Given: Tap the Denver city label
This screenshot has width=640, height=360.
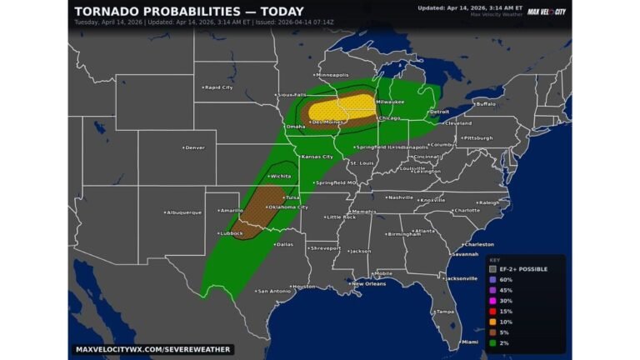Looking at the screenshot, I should point(194,147).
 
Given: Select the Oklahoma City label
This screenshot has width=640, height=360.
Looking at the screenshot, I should point(287,207).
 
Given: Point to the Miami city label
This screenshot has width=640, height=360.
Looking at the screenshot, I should point(470,342).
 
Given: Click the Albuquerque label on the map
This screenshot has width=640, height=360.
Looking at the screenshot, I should point(183,212).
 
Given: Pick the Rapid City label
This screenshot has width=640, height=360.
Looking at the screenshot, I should point(218,87).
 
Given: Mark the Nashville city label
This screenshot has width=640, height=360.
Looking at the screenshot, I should point(400,197).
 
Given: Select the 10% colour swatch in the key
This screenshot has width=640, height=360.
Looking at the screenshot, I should point(493,320).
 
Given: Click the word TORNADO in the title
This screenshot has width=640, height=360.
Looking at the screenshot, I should point(107,11).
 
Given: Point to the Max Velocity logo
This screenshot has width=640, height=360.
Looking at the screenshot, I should point(547,11).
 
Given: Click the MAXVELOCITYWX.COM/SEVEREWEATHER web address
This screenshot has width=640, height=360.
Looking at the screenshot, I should point(152,349).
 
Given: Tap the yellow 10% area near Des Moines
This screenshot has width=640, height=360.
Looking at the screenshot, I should point(340,109).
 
